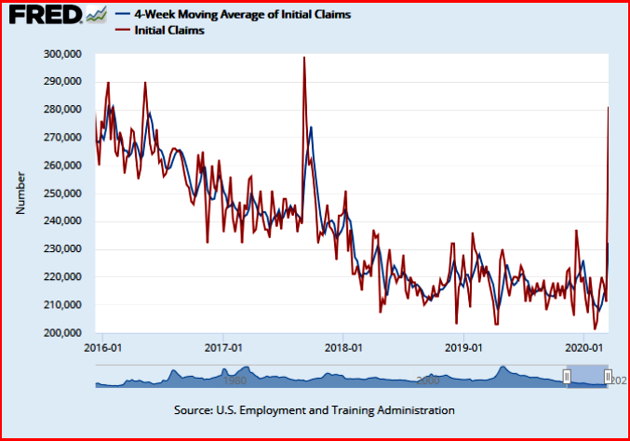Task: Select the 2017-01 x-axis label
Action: point(223,348)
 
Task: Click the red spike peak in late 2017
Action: point(304,58)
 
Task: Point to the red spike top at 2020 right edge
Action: point(608,108)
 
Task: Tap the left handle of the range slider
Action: point(567,376)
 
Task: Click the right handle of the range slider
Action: point(607,376)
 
